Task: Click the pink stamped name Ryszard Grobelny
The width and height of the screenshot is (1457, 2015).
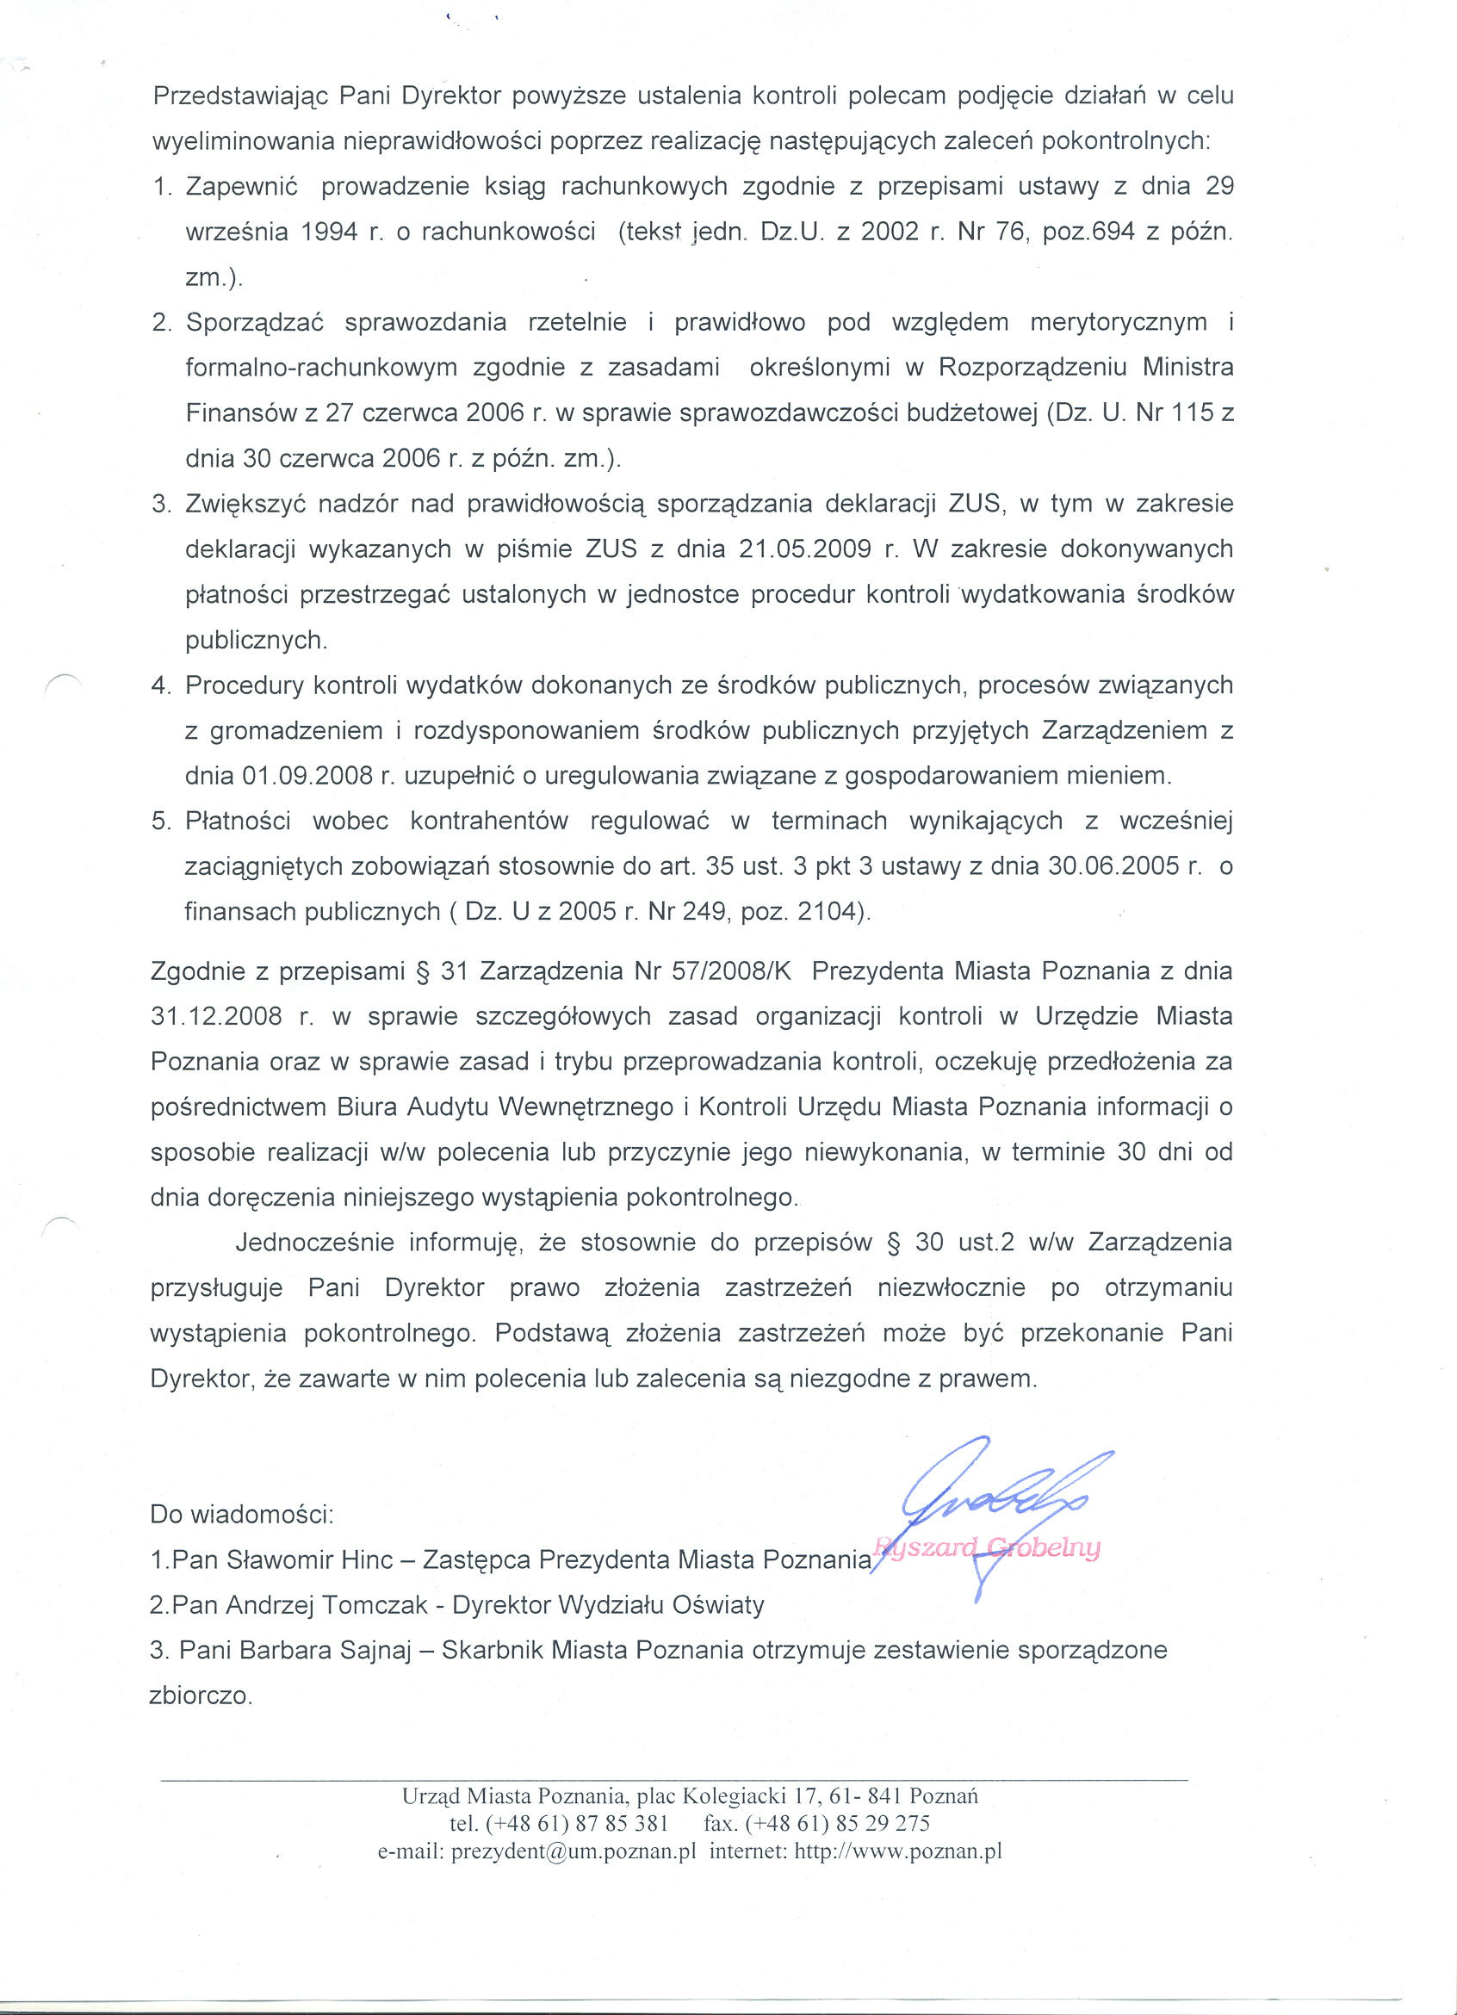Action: [987, 1547]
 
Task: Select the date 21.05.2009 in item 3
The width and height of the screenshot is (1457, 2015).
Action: [804, 549]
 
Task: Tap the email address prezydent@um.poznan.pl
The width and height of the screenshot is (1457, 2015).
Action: [573, 1869]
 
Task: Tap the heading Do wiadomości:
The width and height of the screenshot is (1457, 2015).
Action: [242, 1514]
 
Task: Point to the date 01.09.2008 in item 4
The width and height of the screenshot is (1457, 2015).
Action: [307, 777]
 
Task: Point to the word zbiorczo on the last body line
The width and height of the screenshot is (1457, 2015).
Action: [200, 1696]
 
